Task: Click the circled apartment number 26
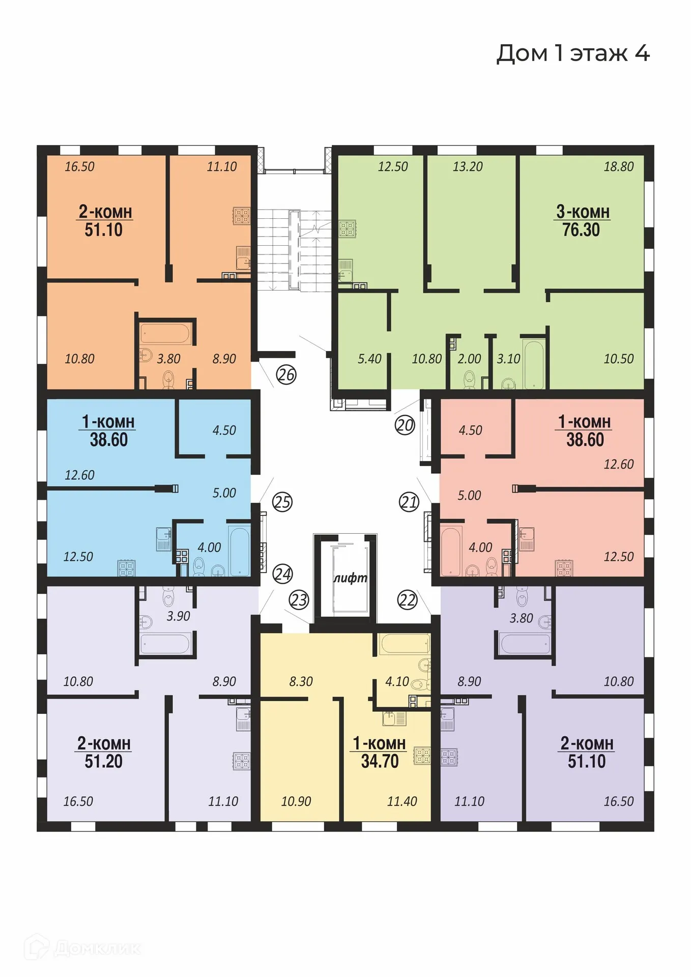tap(286, 375)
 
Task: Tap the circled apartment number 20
tap(405, 425)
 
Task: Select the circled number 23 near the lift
tap(299, 600)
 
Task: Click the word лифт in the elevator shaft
tap(350, 578)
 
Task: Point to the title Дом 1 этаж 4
tap(572, 53)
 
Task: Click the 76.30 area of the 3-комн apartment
tap(581, 229)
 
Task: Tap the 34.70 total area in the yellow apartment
tap(380, 761)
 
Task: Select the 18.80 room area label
tap(618, 166)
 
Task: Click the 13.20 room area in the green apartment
tap(467, 166)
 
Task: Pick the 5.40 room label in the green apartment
tap(369, 359)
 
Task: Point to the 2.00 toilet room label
tap(469, 359)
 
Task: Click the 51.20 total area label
tap(103, 761)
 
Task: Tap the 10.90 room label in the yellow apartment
tap(296, 801)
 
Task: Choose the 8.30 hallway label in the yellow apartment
tap(301, 681)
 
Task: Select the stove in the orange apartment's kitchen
tap(242, 216)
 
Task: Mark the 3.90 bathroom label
tap(178, 616)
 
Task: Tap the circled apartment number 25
tap(282, 502)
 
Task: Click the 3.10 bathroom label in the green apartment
tap(508, 359)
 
